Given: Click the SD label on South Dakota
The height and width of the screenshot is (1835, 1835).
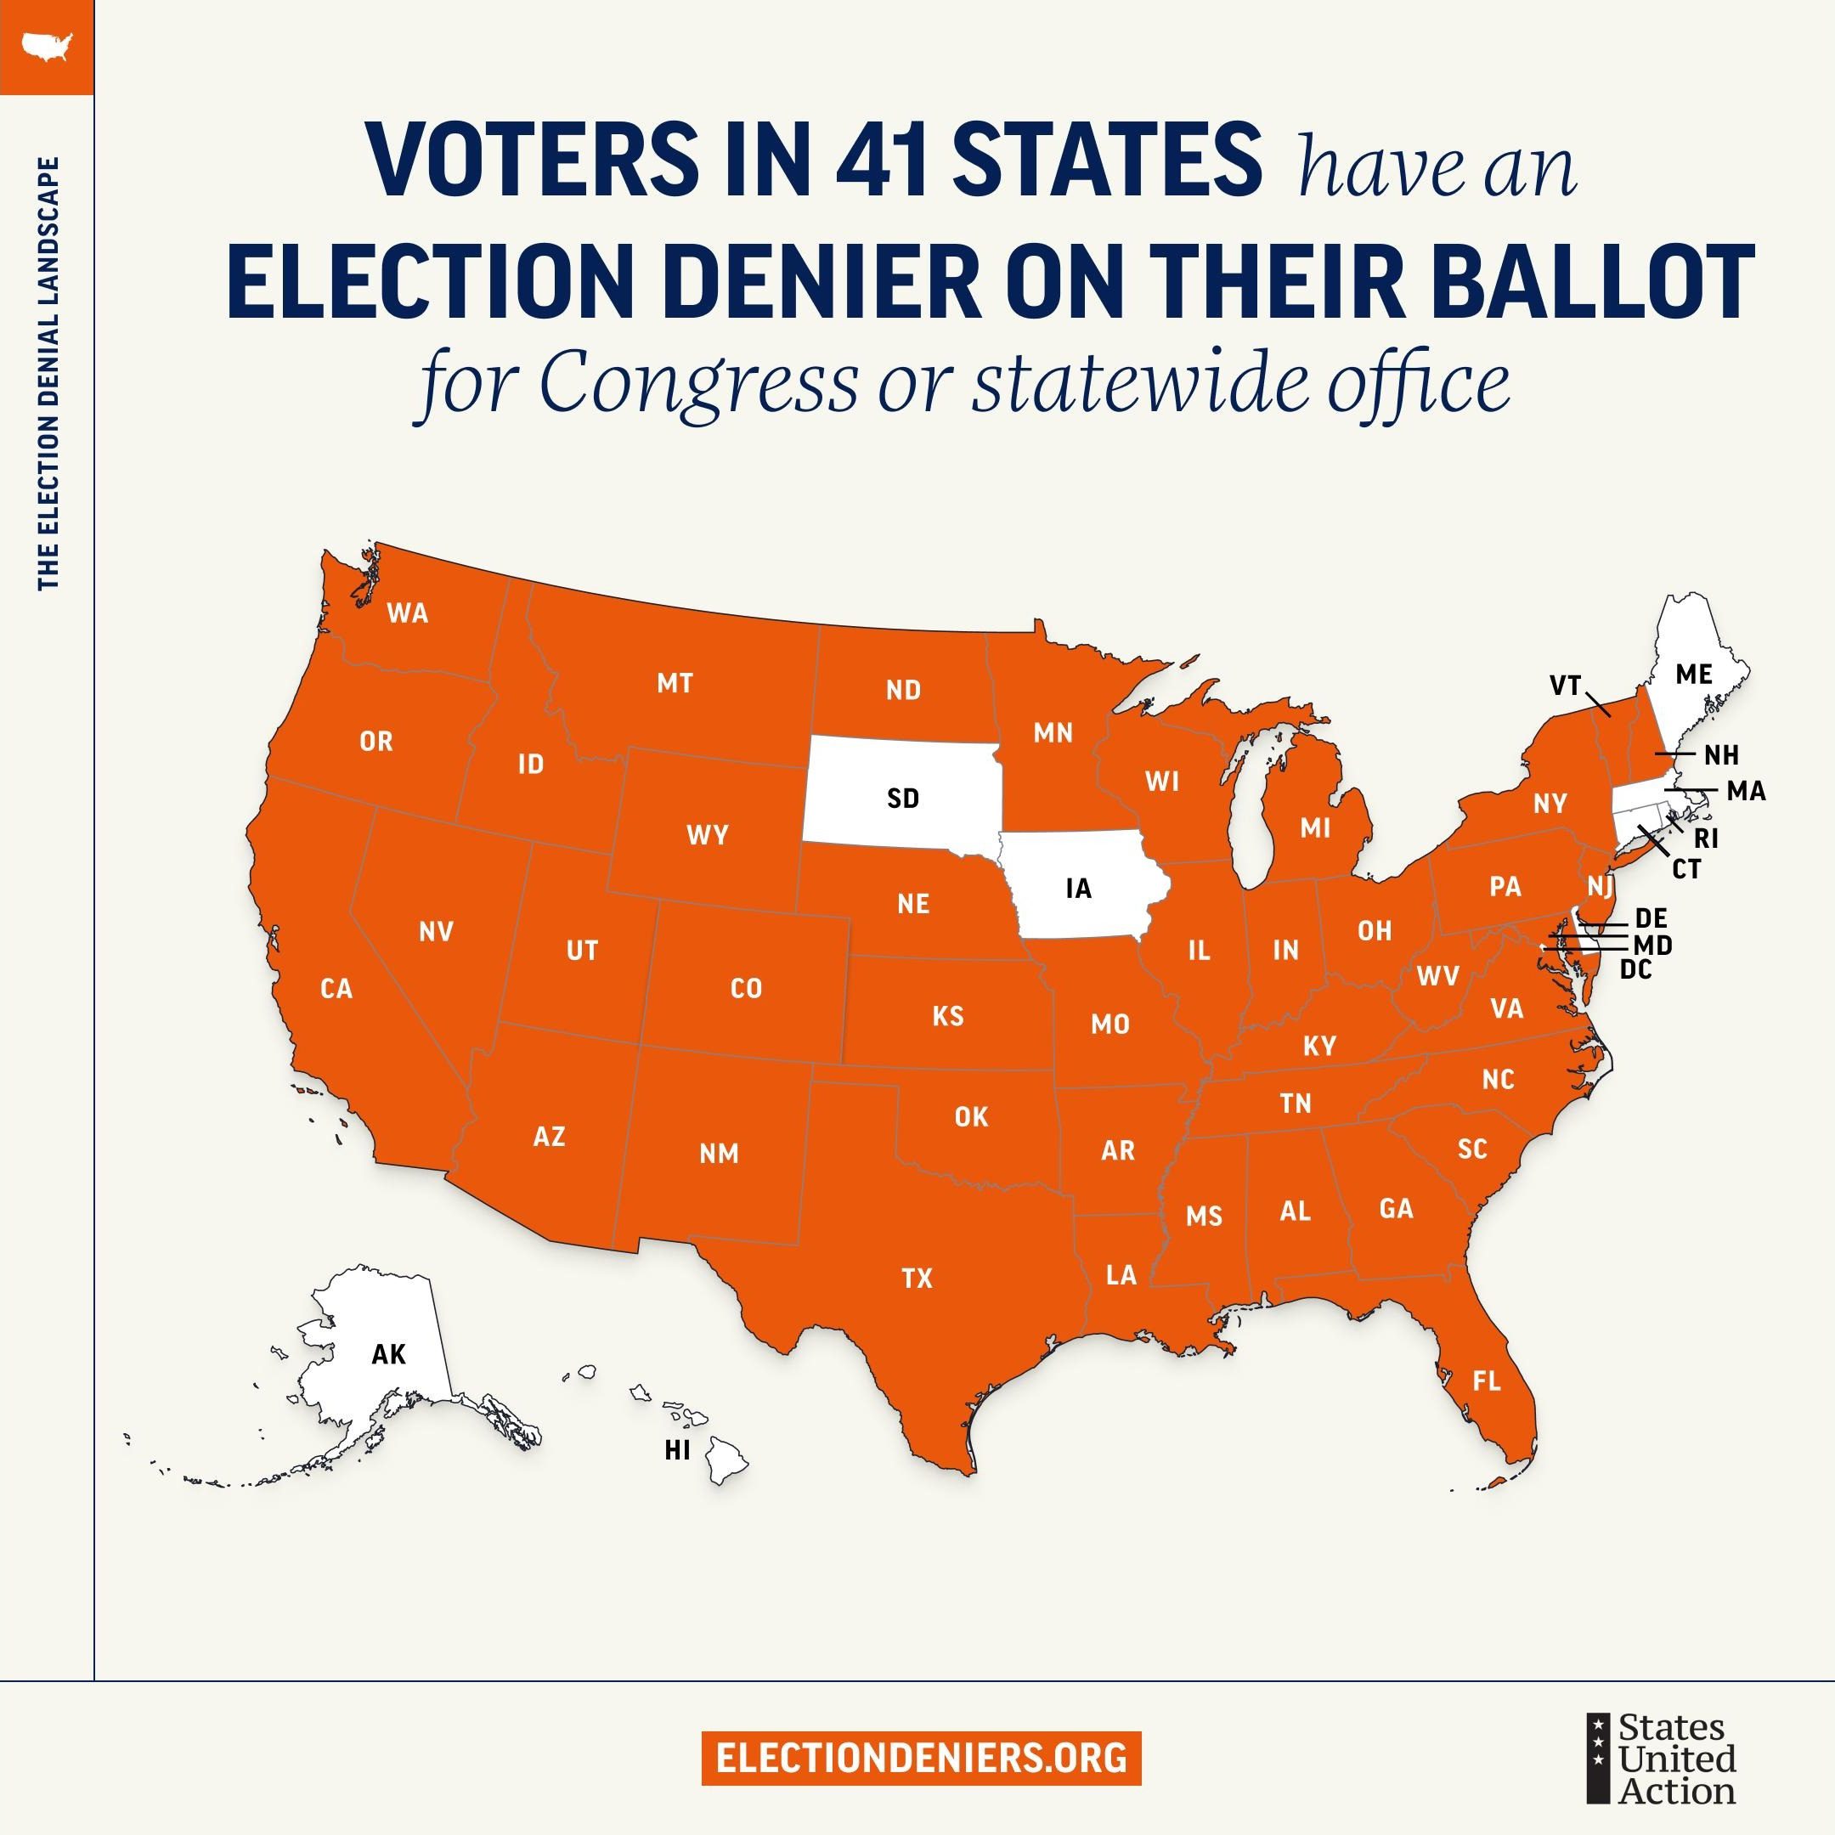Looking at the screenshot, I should click(x=902, y=799).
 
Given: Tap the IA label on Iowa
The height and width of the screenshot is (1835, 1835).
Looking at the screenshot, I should click(x=1078, y=889).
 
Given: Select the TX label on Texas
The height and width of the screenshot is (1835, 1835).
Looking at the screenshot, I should click(x=917, y=1279).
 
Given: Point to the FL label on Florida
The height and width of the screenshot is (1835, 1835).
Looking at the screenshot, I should click(x=1487, y=1381).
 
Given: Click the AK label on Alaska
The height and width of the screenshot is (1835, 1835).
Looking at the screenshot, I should click(x=388, y=1354).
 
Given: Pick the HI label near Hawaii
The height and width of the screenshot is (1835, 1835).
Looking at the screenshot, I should click(x=676, y=1451).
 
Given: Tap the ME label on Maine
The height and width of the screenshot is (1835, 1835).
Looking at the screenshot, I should click(x=1693, y=675).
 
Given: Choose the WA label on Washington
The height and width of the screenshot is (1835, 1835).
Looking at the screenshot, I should click(x=408, y=613).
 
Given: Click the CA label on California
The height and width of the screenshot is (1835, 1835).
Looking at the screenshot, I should click(x=336, y=989).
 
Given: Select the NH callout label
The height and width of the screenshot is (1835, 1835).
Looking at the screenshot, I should click(x=1721, y=756).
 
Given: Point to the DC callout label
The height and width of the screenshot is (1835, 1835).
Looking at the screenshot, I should click(x=1635, y=969).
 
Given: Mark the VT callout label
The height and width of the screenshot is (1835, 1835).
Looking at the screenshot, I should click(x=1564, y=685).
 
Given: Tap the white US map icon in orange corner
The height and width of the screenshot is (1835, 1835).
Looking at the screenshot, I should click(x=46, y=46).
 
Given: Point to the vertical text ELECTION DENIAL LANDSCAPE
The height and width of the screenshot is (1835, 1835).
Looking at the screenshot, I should click(x=48, y=373).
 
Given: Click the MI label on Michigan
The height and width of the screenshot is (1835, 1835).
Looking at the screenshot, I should click(x=1315, y=828).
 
